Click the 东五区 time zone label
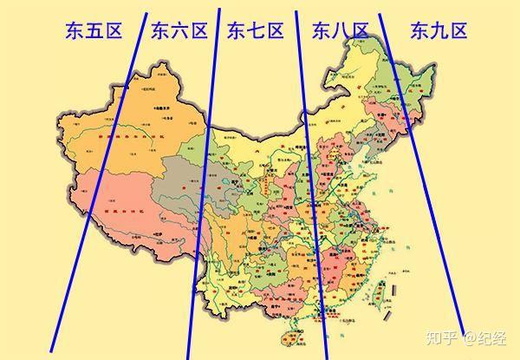pyautogui.click(x=94, y=33)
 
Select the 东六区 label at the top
pyautogui.click(x=179, y=33)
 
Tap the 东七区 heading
pyautogui.click(x=256, y=33)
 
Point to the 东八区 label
pyautogui.click(x=340, y=33)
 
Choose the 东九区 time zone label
pyautogui.click(x=439, y=33)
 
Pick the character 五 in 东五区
pyautogui.click(x=94, y=33)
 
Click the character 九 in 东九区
pyautogui.click(x=439, y=33)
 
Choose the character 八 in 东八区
pyautogui.click(x=340, y=33)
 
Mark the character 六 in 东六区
pyautogui.click(x=179, y=33)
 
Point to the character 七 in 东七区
pyautogui.click(x=256, y=33)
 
